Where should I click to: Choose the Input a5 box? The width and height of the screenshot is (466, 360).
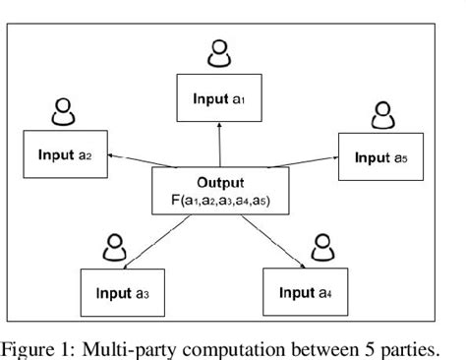[381, 155]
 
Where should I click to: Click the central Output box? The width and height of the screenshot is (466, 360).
[220, 191]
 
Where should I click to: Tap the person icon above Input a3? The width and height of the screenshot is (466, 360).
[117, 247]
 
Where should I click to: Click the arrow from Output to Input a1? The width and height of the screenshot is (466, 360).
[220, 145]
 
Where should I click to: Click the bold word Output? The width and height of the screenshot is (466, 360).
[220, 183]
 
